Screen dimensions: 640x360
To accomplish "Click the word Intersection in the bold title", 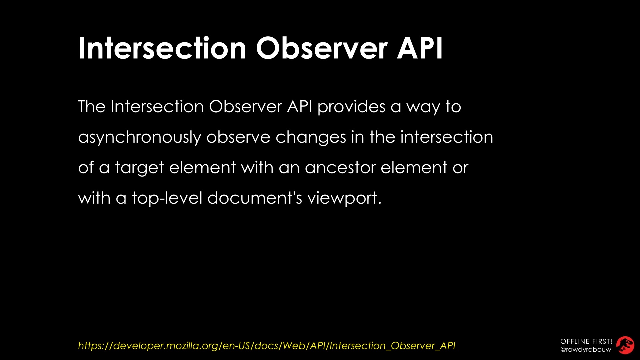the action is pyautogui.click(x=162, y=48).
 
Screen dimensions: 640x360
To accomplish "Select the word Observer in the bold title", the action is pyautogui.click(x=322, y=48).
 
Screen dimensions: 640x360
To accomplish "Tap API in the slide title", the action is pyautogui.click(x=420, y=48).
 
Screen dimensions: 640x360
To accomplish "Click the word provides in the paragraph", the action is pyautogui.click(x=351, y=107).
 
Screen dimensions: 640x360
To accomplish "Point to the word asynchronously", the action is pyautogui.click(x=140, y=137).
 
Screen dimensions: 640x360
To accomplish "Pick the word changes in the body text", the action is pyautogui.click(x=311, y=137).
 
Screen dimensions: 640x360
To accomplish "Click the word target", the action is pyautogui.click(x=139, y=168).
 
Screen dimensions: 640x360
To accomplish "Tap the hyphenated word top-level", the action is pyautogui.click(x=167, y=198).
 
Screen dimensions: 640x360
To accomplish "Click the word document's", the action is pyautogui.click(x=255, y=198).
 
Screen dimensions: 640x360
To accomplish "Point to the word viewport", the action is pyautogui.click(x=344, y=198).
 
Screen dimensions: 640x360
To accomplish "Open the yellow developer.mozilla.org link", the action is pyautogui.click(x=267, y=346).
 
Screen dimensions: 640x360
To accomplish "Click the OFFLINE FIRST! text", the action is pyautogui.click(x=586, y=341).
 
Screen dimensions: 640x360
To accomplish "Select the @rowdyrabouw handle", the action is pyautogui.click(x=586, y=350).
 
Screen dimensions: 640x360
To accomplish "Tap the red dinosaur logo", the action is pyautogui.click(x=625, y=345).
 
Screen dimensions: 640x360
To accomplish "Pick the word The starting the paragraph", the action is pyautogui.click(x=92, y=107).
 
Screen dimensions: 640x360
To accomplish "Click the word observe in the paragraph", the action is pyautogui.click(x=238, y=137).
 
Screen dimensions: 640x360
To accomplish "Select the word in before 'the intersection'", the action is pyautogui.click(x=358, y=137).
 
